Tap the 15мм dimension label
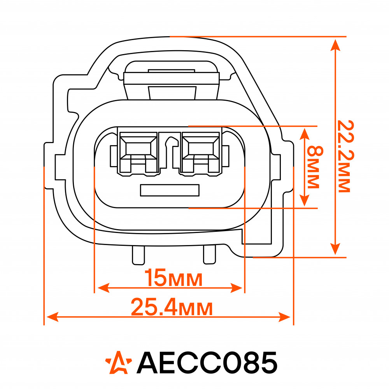coord(173,278)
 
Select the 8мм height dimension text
coord(315,167)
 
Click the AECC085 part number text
coord(207,363)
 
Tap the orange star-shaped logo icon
coord(119,362)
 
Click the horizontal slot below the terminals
coord(170,190)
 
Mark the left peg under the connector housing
coord(138,255)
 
